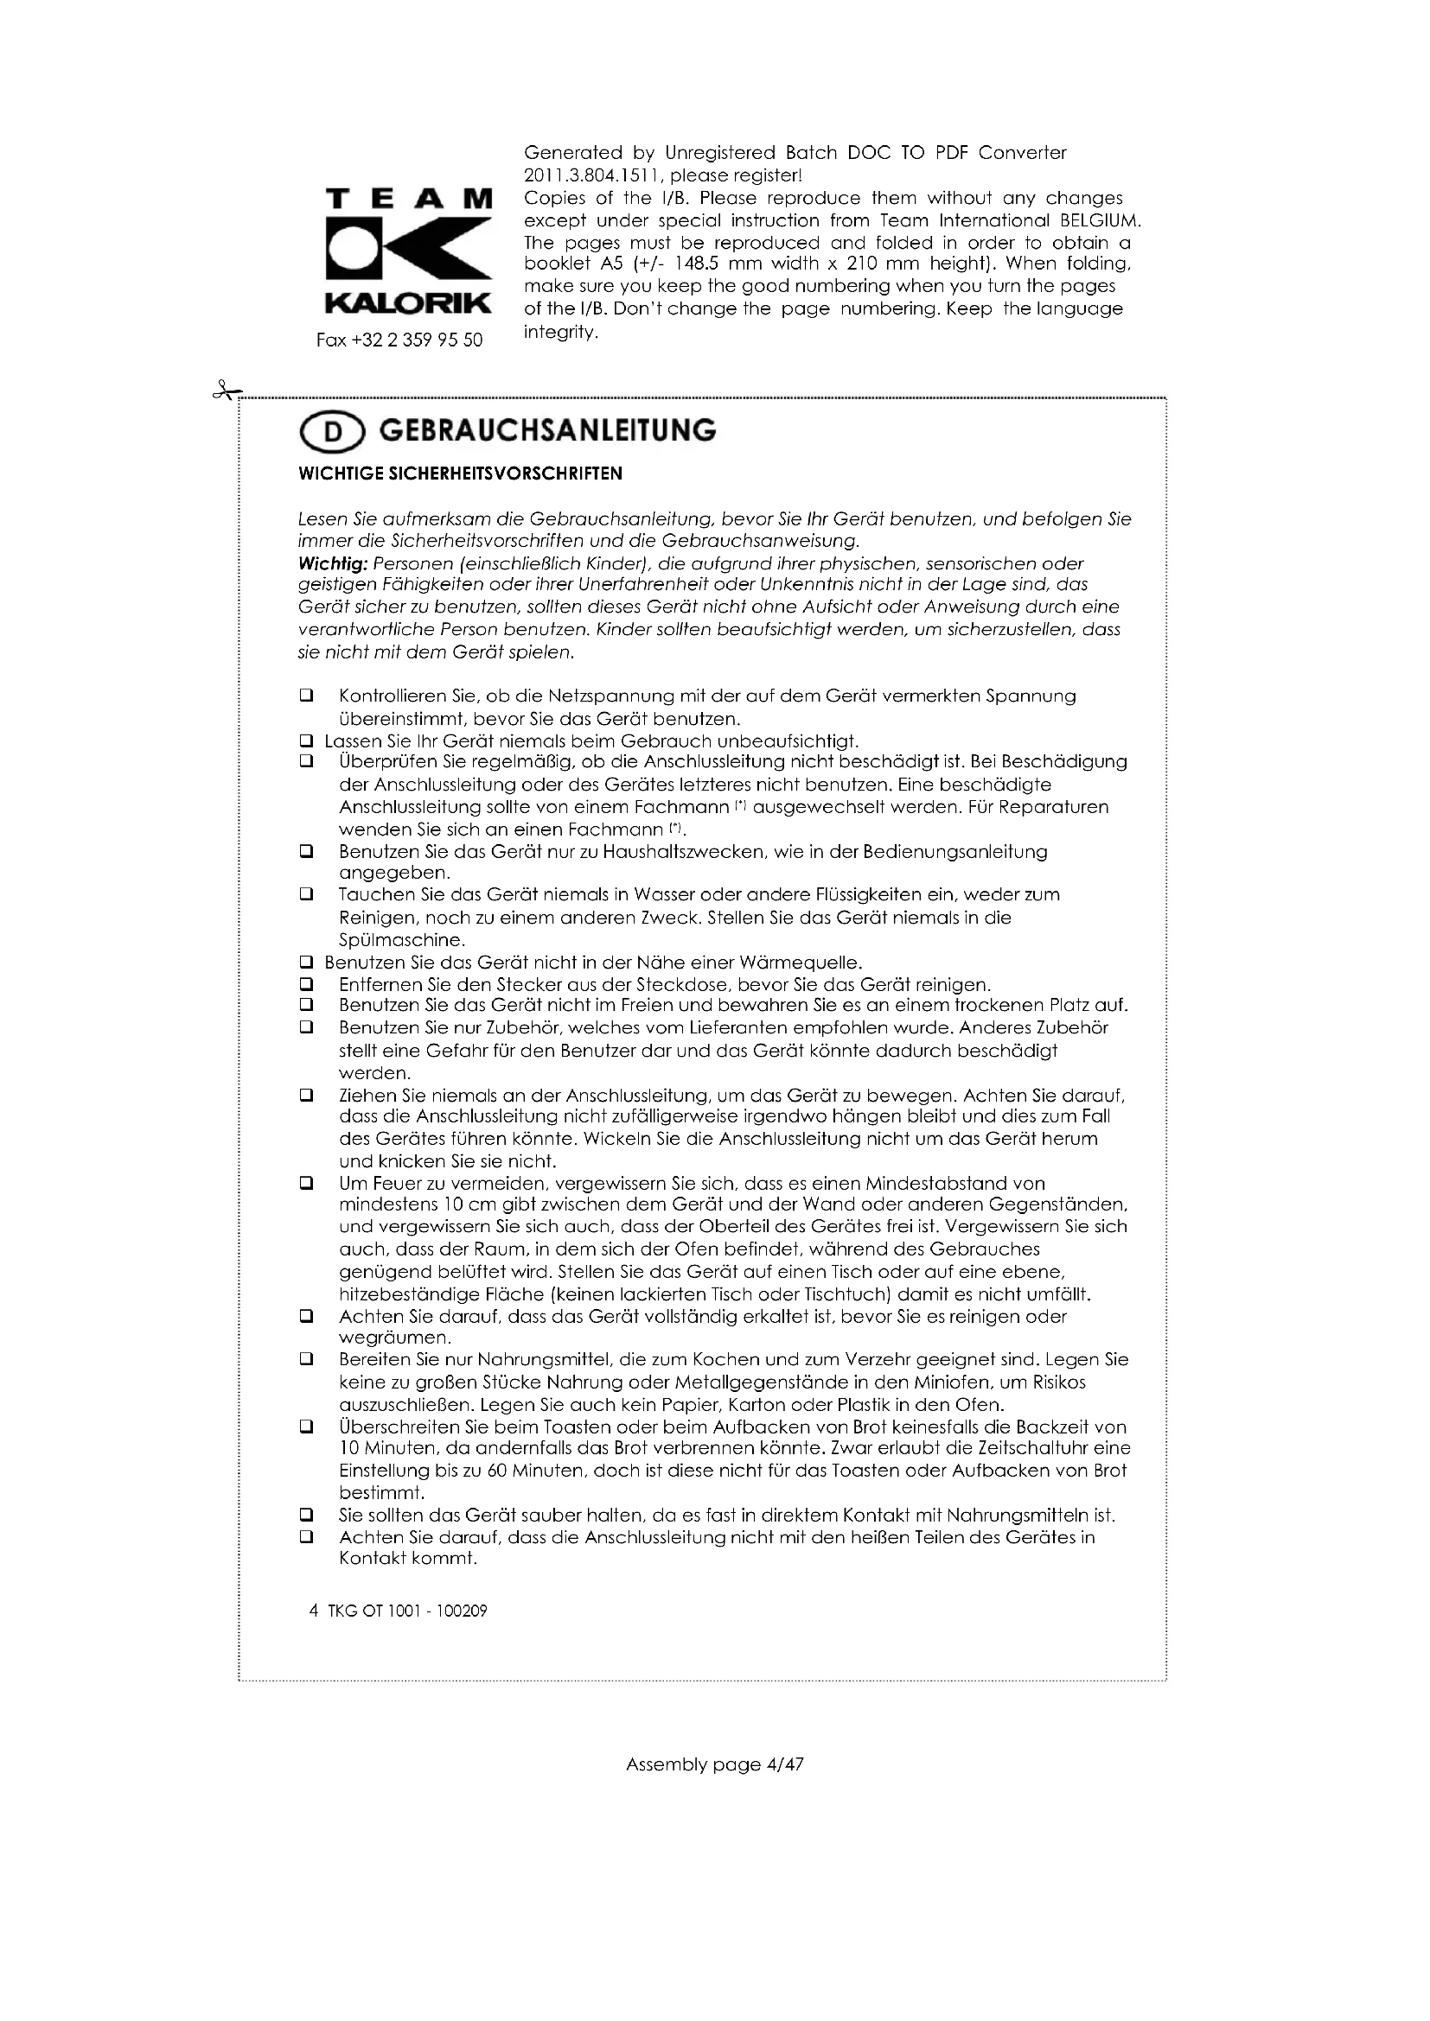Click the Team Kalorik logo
pos(409,251)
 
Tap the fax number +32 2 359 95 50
pos(399,340)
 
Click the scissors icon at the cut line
pos(227,390)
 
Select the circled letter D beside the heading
pos(332,432)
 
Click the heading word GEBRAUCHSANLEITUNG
pos(546,430)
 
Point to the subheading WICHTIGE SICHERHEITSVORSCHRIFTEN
pos(460,473)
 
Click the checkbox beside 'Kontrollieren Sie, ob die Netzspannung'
pos(306,696)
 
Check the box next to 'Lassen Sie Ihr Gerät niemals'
pos(306,740)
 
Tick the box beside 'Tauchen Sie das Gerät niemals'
pos(306,894)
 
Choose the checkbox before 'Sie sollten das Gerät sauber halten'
pos(306,1516)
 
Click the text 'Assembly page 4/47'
pos(714,1764)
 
